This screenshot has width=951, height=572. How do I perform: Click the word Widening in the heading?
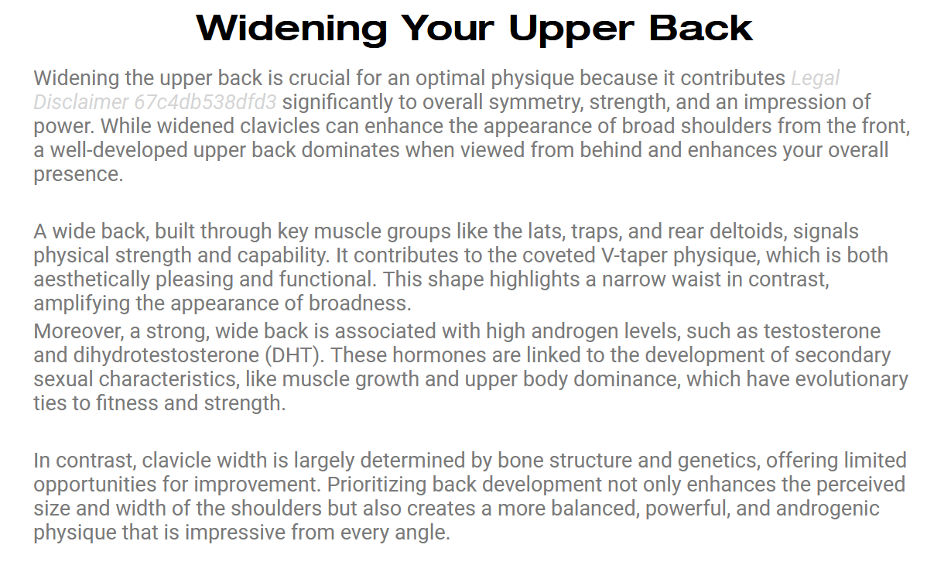(x=292, y=29)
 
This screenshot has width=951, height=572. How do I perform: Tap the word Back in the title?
(x=701, y=29)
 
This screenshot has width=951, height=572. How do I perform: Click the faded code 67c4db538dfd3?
(x=206, y=102)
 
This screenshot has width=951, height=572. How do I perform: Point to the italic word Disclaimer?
(x=80, y=102)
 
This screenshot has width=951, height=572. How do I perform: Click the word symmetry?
(x=536, y=102)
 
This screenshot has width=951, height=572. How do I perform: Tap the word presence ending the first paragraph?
(x=79, y=175)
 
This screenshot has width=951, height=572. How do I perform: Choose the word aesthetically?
(x=92, y=280)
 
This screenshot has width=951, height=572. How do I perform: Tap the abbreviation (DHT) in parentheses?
(x=295, y=356)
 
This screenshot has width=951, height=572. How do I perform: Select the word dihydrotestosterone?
(x=166, y=356)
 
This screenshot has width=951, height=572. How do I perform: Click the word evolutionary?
(x=852, y=379)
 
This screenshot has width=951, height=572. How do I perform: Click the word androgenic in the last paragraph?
(x=828, y=509)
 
